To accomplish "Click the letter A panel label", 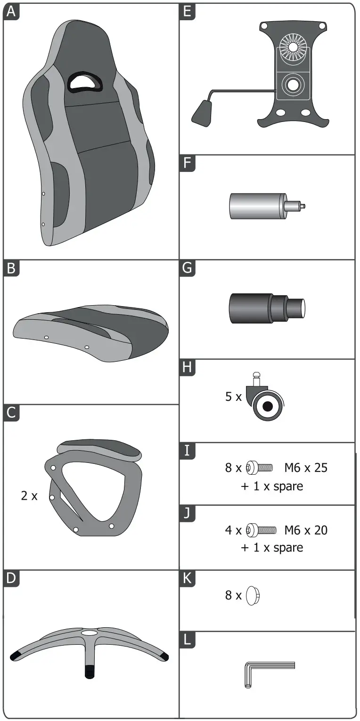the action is [11, 12].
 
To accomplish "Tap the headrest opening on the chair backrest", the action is [85, 81].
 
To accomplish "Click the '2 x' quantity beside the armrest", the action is [29, 496].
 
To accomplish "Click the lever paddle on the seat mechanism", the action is [202, 113].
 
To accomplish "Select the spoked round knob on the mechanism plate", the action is [293, 47].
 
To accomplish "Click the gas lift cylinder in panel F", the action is [267, 206].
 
